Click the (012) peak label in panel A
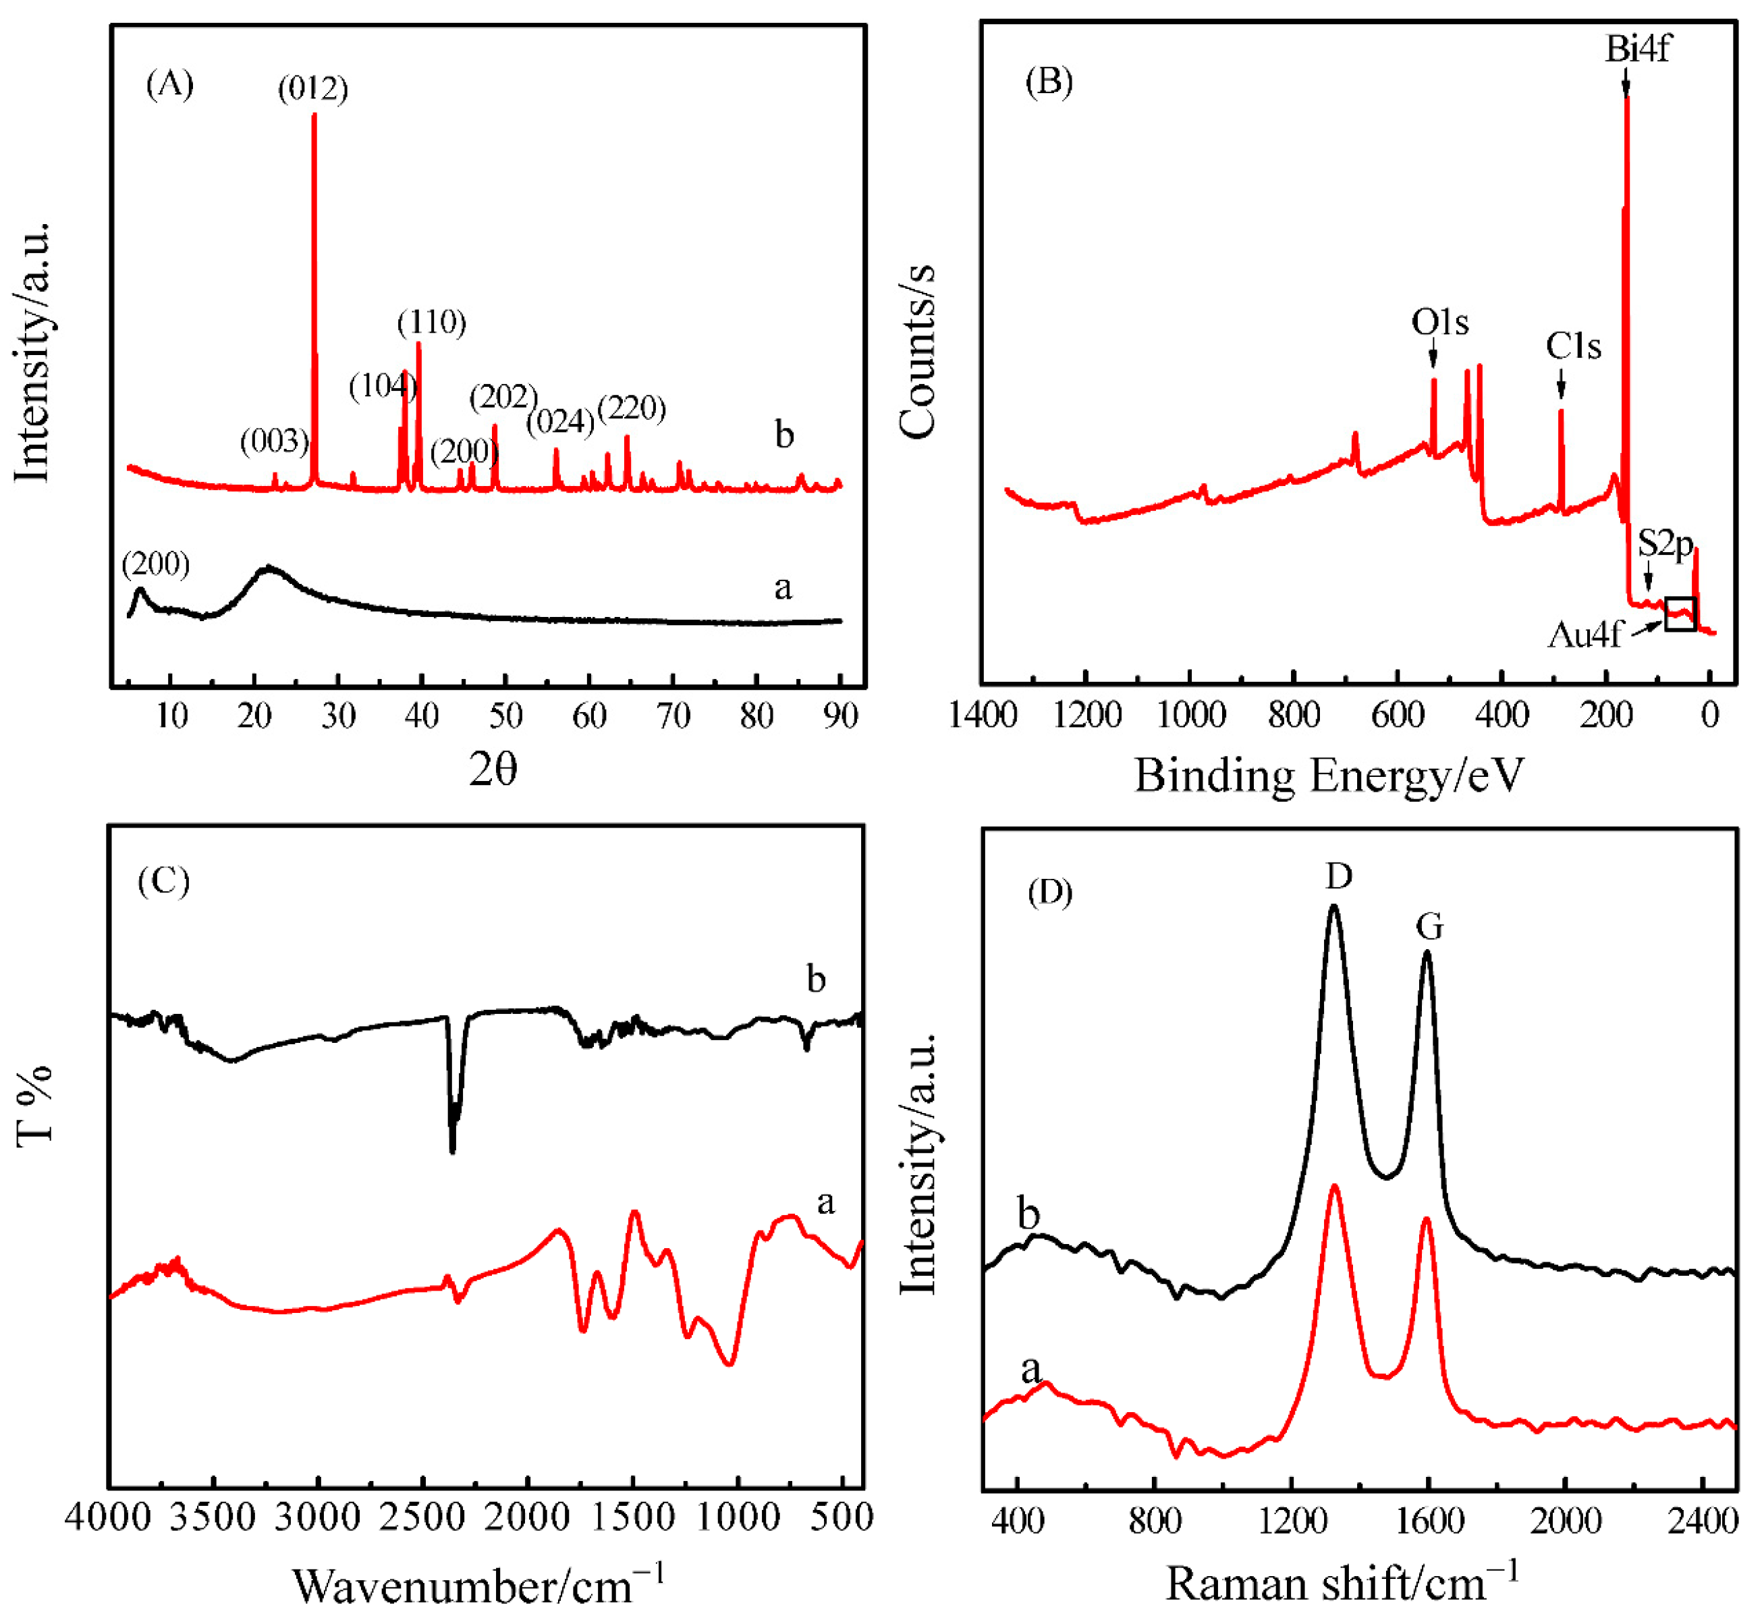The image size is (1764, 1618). [x=312, y=88]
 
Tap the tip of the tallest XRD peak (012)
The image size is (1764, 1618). [x=314, y=115]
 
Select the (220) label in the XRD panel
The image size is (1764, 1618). [x=631, y=408]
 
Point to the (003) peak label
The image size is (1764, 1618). [x=274, y=440]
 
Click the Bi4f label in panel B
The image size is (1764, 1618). [x=1636, y=48]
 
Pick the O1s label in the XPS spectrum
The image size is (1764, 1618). [x=1439, y=322]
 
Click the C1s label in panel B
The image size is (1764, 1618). [x=1572, y=347]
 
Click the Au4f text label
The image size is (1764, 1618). [x=1584, y=634]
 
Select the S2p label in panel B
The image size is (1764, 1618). [x=1664, y=543]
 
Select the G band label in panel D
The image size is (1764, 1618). [x=1429, y=925]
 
